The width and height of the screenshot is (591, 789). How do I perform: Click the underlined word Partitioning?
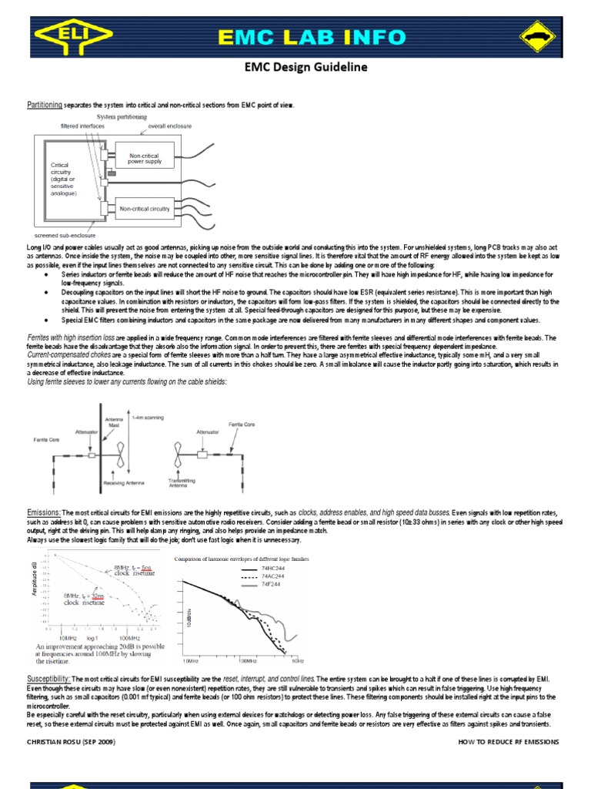[45, 104]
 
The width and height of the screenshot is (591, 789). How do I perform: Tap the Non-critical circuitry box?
[144, 208]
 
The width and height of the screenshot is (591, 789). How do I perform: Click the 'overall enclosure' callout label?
[169, 125]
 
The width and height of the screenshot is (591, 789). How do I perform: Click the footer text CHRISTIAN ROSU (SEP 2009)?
[71, 741]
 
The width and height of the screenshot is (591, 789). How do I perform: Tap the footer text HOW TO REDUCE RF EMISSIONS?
[508, 741]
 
